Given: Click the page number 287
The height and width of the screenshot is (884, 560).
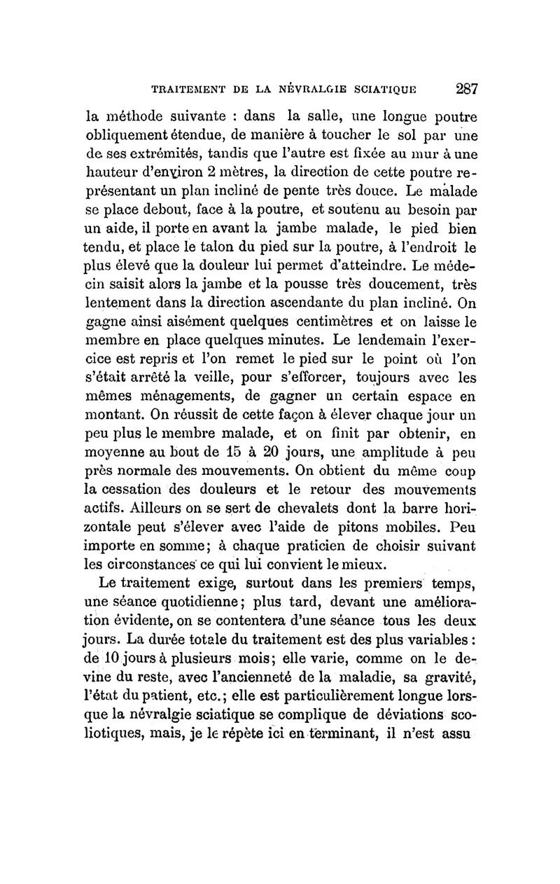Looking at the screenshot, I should pyautogui.click(x=466, y=89).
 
